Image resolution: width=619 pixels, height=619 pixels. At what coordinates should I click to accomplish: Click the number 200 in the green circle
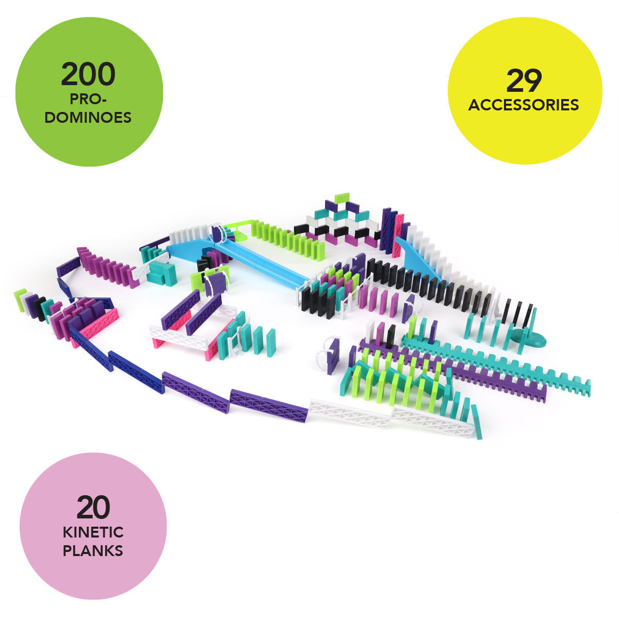pyautogui.click(x=88, y=74)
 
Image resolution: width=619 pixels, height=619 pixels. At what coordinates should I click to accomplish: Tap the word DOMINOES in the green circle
pyautogui.click(x=88, y=118)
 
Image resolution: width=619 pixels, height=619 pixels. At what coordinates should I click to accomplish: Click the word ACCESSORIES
pyautogui.click(x=524, y=105)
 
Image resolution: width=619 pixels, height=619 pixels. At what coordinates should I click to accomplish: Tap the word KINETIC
pyautogui.click(x=93, y=532)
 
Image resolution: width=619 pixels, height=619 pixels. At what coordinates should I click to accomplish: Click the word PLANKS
pyautogui.click(x=93, y=550)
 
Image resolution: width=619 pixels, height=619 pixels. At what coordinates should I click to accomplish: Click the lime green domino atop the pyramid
pyautogui.click(x=341, y=198)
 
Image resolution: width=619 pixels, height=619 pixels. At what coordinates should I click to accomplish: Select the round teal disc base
pyautogui.click(x=531, y=340)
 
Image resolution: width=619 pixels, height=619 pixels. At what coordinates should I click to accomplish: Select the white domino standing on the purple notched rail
pyautogui.click(x=370, y=332)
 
